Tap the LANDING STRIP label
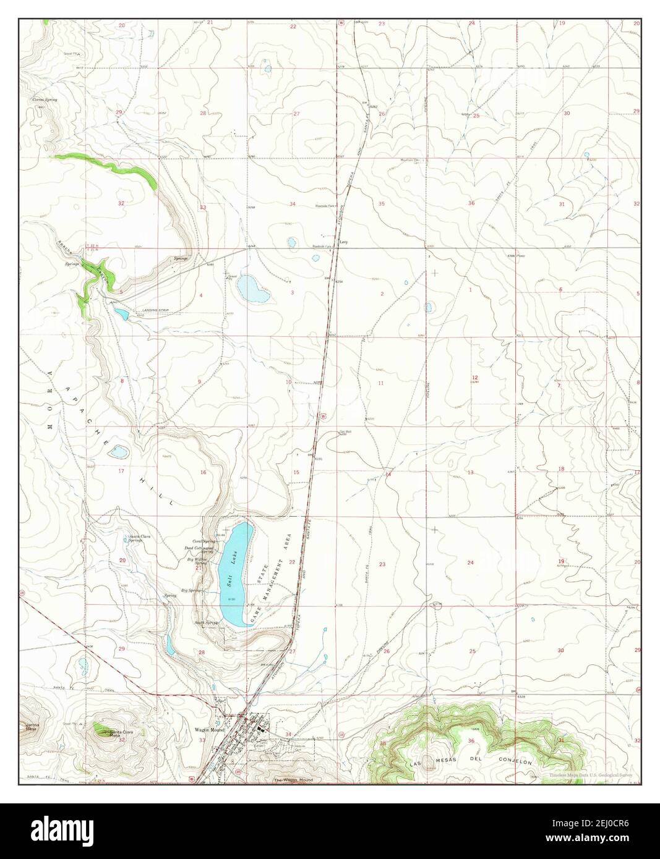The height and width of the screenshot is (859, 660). point(155,310)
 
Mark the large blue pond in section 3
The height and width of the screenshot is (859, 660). point(254,289)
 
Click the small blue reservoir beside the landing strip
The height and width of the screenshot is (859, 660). point(121,315)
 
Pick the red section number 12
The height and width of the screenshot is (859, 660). point(474,378)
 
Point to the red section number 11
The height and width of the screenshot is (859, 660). point(381,383)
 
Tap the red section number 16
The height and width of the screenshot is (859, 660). point(202,472)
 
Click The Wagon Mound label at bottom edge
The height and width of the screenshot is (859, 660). point(293,781)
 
